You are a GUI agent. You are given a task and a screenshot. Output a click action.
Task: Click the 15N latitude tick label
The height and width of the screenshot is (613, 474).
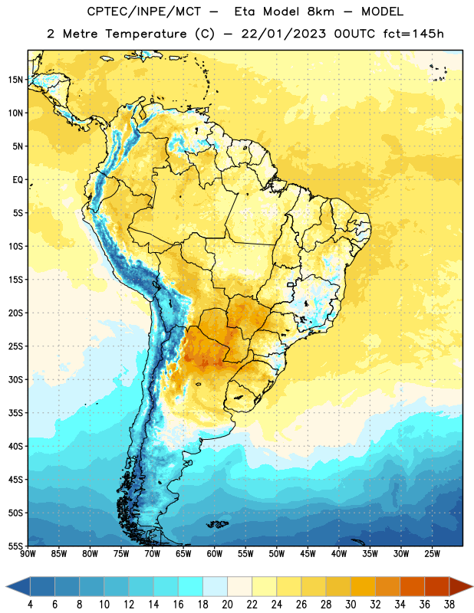click(15, 80)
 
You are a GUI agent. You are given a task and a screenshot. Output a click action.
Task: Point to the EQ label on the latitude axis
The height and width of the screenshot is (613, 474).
click(18, 180)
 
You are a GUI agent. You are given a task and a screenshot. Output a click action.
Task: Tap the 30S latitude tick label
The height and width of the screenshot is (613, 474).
click(15, 379)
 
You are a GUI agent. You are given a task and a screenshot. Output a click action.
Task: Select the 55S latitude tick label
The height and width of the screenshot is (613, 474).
click(15, 546)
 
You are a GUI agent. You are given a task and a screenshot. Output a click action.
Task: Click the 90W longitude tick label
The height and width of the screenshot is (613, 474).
click(28, 554)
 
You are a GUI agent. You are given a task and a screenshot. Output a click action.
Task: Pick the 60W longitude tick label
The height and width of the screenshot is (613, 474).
click(215, 554)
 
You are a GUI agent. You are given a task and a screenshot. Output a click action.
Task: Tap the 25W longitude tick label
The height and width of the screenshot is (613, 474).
click(432, 554)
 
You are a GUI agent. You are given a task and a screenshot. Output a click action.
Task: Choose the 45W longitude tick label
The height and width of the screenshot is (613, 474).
click(308, 554)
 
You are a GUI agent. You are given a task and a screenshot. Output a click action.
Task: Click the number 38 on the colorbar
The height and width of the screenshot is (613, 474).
click(449, 605)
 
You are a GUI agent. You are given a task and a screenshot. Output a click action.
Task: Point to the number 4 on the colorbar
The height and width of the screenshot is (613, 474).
click(30, 605)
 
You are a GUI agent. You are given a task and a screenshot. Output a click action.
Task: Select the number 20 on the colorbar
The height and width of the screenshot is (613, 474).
click(227, 605)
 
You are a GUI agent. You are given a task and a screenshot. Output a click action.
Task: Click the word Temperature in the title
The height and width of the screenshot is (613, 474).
click(146, 34)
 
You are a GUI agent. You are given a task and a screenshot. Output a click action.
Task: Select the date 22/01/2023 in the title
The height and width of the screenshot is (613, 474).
click(283, 34)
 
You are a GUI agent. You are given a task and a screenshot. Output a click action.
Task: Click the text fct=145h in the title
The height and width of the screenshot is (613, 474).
click(413, 34)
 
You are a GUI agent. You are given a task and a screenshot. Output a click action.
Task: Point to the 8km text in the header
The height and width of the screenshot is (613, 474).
click(321, 11)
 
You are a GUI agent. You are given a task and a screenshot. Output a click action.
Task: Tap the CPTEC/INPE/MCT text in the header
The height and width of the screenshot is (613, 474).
click(143, 11)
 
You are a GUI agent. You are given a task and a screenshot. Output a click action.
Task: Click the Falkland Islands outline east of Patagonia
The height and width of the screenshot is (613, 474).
click(217, 524)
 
